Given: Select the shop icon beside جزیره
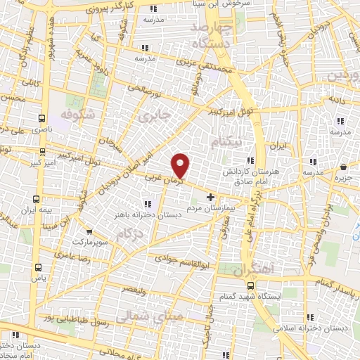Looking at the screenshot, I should tap(343, 167).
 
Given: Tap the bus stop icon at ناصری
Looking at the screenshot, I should tap(42, 119).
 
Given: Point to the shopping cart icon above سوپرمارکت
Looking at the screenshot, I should tap(89, 231).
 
